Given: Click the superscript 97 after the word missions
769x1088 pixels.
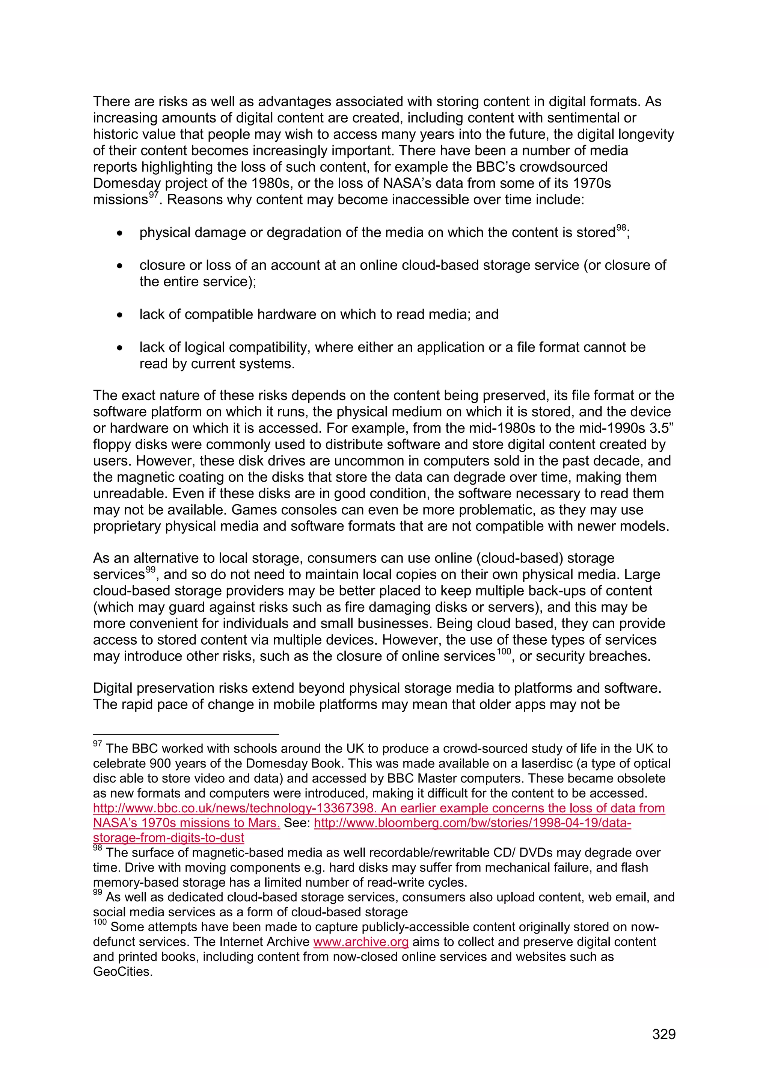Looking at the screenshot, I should (154, 194).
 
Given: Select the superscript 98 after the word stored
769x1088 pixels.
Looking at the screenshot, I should (621, 228).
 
